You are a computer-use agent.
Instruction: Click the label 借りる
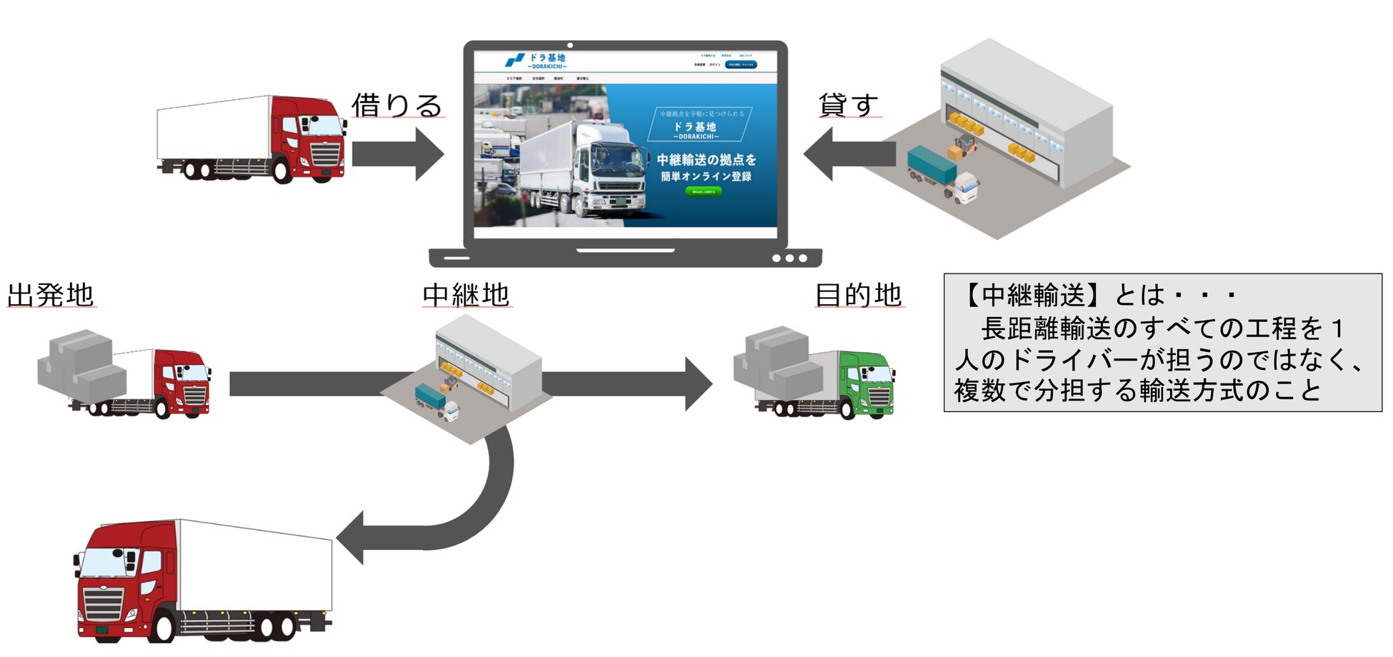396,106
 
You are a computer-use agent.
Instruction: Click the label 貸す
848,106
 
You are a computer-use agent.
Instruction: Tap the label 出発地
51,295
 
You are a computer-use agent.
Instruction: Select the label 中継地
466,295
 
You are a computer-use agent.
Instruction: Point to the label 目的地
859,295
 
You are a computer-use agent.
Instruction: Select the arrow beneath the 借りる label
397,154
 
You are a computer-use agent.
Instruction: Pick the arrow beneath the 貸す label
850,154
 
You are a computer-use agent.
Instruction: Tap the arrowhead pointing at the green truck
699,384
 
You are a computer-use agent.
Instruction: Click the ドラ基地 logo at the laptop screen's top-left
536,60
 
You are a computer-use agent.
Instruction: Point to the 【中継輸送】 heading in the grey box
1024,295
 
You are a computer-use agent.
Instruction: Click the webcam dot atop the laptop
569,46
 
